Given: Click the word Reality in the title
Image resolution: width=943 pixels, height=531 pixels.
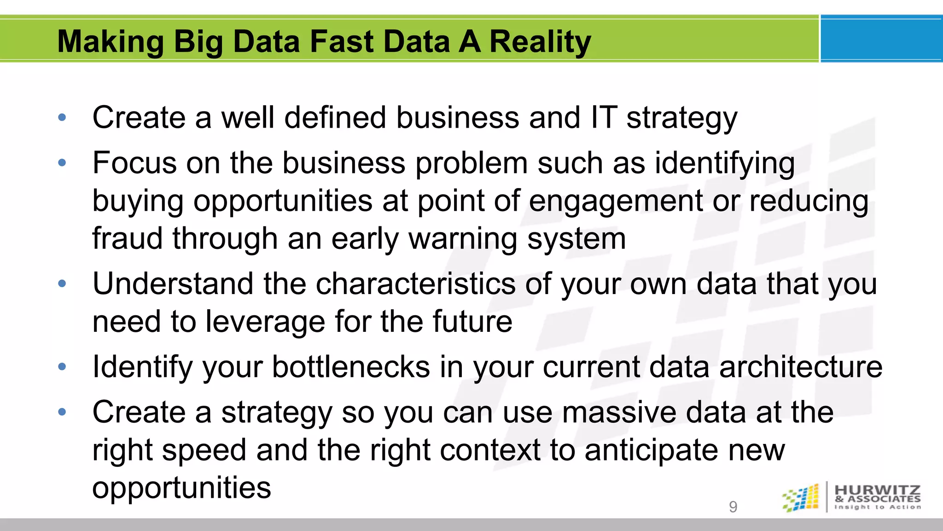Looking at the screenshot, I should [x=540, y=42].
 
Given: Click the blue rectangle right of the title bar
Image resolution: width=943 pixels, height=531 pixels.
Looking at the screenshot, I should [x=881, y=39].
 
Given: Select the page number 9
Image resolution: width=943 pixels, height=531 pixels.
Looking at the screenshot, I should [x=733, y=507].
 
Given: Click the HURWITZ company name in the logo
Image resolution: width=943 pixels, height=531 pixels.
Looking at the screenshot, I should [x=878, y=490].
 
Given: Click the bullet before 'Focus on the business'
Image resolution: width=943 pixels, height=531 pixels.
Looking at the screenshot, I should [x=62, y=162].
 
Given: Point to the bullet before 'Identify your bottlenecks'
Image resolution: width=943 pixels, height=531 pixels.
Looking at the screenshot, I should [x=62, y=367].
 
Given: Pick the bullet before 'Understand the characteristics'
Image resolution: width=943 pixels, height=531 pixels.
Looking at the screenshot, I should [x=62, y=283].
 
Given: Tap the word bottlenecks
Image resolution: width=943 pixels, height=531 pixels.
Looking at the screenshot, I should [x=351, y=367].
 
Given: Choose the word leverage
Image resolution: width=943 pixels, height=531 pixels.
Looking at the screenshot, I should [x=265, y=322].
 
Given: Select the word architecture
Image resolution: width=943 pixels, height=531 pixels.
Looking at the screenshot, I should [x=801, y=367].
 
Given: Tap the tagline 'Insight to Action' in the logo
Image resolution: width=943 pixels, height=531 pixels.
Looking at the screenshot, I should [x=878, y=507].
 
